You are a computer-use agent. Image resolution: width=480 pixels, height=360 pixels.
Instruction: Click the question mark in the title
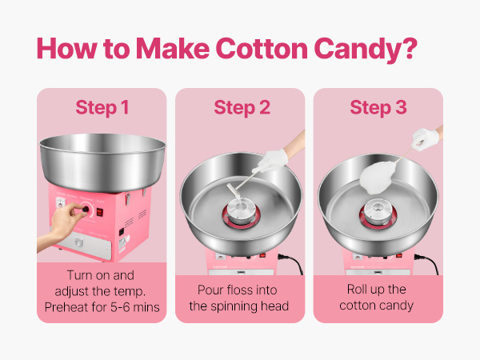[x=407, y=48]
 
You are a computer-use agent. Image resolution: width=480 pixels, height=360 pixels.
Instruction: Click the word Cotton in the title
[x=262, y=48]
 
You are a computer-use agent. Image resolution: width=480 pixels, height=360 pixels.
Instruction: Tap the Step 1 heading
[x=102, y=108]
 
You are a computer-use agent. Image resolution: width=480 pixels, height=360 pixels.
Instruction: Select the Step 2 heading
[x=242, y=108]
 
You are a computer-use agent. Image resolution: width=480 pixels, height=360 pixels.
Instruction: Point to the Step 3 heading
[x=378, y=108]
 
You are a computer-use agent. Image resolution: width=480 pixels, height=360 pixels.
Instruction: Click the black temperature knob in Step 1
[x=86, y=210]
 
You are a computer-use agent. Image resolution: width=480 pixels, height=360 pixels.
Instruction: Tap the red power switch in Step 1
[x=99, y=212]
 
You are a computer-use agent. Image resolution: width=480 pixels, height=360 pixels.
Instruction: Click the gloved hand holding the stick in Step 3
[x=425, y=138]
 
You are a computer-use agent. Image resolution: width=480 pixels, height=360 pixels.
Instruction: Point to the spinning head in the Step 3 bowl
[x=378, y=213]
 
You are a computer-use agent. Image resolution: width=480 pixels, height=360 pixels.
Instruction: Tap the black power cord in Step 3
[x=426, y=262]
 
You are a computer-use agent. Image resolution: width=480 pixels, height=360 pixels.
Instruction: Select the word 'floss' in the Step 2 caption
[x=242, y=290]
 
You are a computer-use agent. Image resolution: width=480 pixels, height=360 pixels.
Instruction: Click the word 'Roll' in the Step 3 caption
[x=357, y=289]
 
